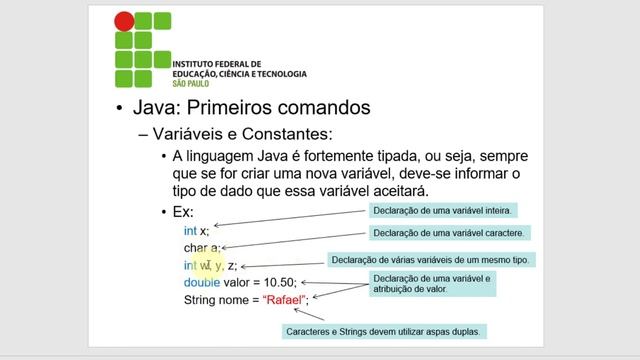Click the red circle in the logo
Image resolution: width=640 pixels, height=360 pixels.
[124, 20]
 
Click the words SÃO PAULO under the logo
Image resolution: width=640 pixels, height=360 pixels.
[191, 84]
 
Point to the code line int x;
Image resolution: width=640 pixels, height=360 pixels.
[195, 230]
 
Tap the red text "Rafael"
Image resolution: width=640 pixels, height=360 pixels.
[284, 299]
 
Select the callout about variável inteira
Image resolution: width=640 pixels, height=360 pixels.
[443, 211]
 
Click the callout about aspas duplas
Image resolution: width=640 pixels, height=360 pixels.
[385, 330]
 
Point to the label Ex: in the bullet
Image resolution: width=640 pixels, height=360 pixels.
[183, 212]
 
